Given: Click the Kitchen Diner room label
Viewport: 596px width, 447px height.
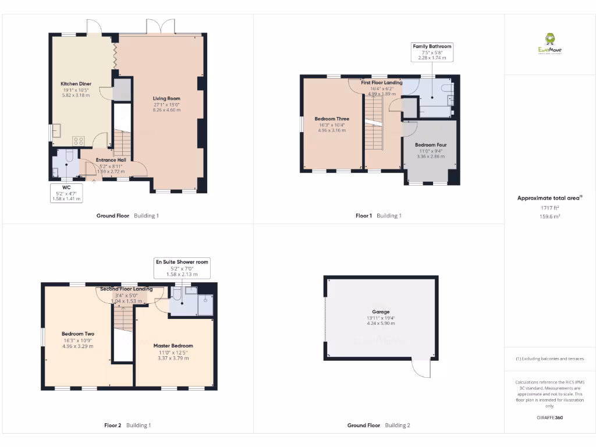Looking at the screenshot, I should [76, 84].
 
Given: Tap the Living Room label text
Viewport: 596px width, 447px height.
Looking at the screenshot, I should [166, 99].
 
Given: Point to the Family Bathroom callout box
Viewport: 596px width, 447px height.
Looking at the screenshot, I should [432, 52].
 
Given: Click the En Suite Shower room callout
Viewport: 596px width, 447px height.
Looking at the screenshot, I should [182, 268].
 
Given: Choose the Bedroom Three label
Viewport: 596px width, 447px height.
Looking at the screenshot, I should [332, 119].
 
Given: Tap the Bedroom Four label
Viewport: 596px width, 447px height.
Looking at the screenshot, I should [431, 145].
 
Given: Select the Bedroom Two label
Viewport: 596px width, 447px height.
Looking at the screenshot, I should [77, 334].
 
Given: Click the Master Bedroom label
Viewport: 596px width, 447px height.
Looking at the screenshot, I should [173, 346].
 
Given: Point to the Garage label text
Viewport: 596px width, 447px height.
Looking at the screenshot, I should [381, 312].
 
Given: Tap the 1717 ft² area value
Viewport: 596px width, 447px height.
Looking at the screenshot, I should [549, 208].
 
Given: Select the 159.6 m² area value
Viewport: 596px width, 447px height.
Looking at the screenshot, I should [549, 216].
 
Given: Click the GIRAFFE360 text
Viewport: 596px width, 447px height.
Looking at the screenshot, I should [549, 417].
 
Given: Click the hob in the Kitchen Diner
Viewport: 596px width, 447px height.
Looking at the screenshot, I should [78, 141].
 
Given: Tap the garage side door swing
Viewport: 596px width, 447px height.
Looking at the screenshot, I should [421, 368].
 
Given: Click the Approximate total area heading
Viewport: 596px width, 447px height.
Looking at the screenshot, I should [549, 198].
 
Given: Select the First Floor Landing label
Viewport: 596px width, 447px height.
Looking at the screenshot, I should [381, 83].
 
